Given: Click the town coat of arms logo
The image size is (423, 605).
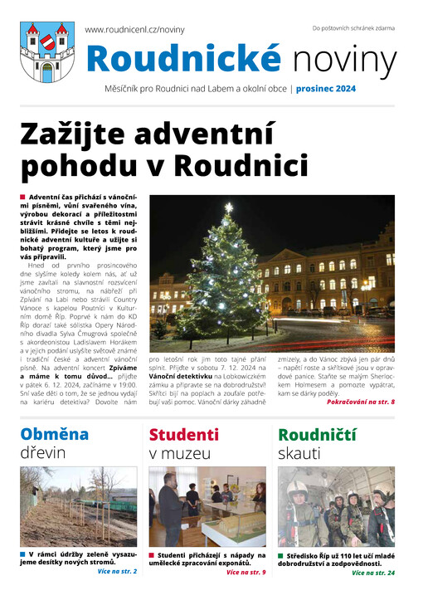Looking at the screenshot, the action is coord(46,51).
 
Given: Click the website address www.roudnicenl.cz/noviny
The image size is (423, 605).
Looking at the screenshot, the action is coord(134,29).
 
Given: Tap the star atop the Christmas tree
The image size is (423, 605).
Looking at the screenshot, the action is coord(229,207).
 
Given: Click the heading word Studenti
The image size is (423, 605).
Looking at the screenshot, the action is coord(183,433).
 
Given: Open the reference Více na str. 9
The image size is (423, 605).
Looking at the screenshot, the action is coord(246,573).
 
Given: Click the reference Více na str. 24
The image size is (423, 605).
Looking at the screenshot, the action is coord(372,573).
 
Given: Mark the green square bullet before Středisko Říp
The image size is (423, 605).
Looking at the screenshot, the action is coord(281,554).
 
